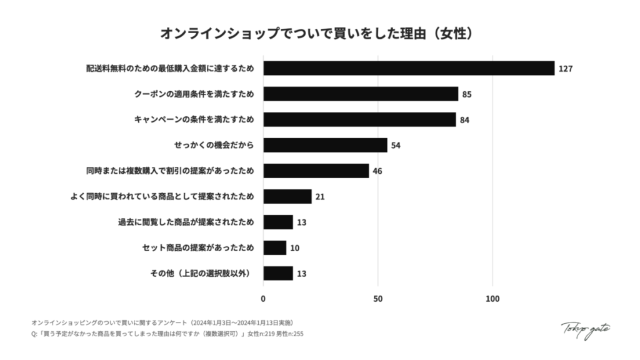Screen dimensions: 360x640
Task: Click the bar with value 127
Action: pyautogui.click(x=409, y=68)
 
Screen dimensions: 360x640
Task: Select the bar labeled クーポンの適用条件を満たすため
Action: pyautogui.click(x=361, y=94)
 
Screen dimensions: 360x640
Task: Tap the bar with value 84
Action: pyautogui.click(x=359, y=119)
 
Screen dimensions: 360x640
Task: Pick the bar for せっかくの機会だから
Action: pyautogui.click(x=325, y=145)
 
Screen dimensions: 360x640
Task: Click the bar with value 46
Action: pyautogui.click(x=316, y=171)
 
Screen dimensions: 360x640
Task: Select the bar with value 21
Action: pyautogui.click(x=287, y=196)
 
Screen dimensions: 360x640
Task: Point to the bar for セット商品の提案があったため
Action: pyautogui.click(x=274, y=247)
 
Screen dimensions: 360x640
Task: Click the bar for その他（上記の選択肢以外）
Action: pyautogui.click(x=277, y=273)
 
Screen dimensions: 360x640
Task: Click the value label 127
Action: pyautogui.click(x=566, y=69)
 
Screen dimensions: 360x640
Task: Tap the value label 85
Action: pyautogui.click(x=466, y=94)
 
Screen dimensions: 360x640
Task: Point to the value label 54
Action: pyautogui.click(x=395, y=146)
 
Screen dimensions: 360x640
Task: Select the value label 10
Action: pyautogui.click(x=294, y=248)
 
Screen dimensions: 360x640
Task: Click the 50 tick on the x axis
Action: pyautogui.click(x=377, y=299)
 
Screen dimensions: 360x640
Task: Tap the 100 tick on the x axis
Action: pyautogui.click(x=492, y=299)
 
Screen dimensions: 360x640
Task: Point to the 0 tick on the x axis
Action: pyautogui.click(x=263, y=299)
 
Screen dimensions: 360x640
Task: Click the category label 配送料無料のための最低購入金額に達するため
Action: pyautogui.click(x=170, y=68)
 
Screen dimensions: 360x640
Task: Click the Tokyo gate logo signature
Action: pyautogui.click(x=585, y=329)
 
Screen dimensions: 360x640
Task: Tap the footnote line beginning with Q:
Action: pyautogui.click(x=167, y=334)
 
